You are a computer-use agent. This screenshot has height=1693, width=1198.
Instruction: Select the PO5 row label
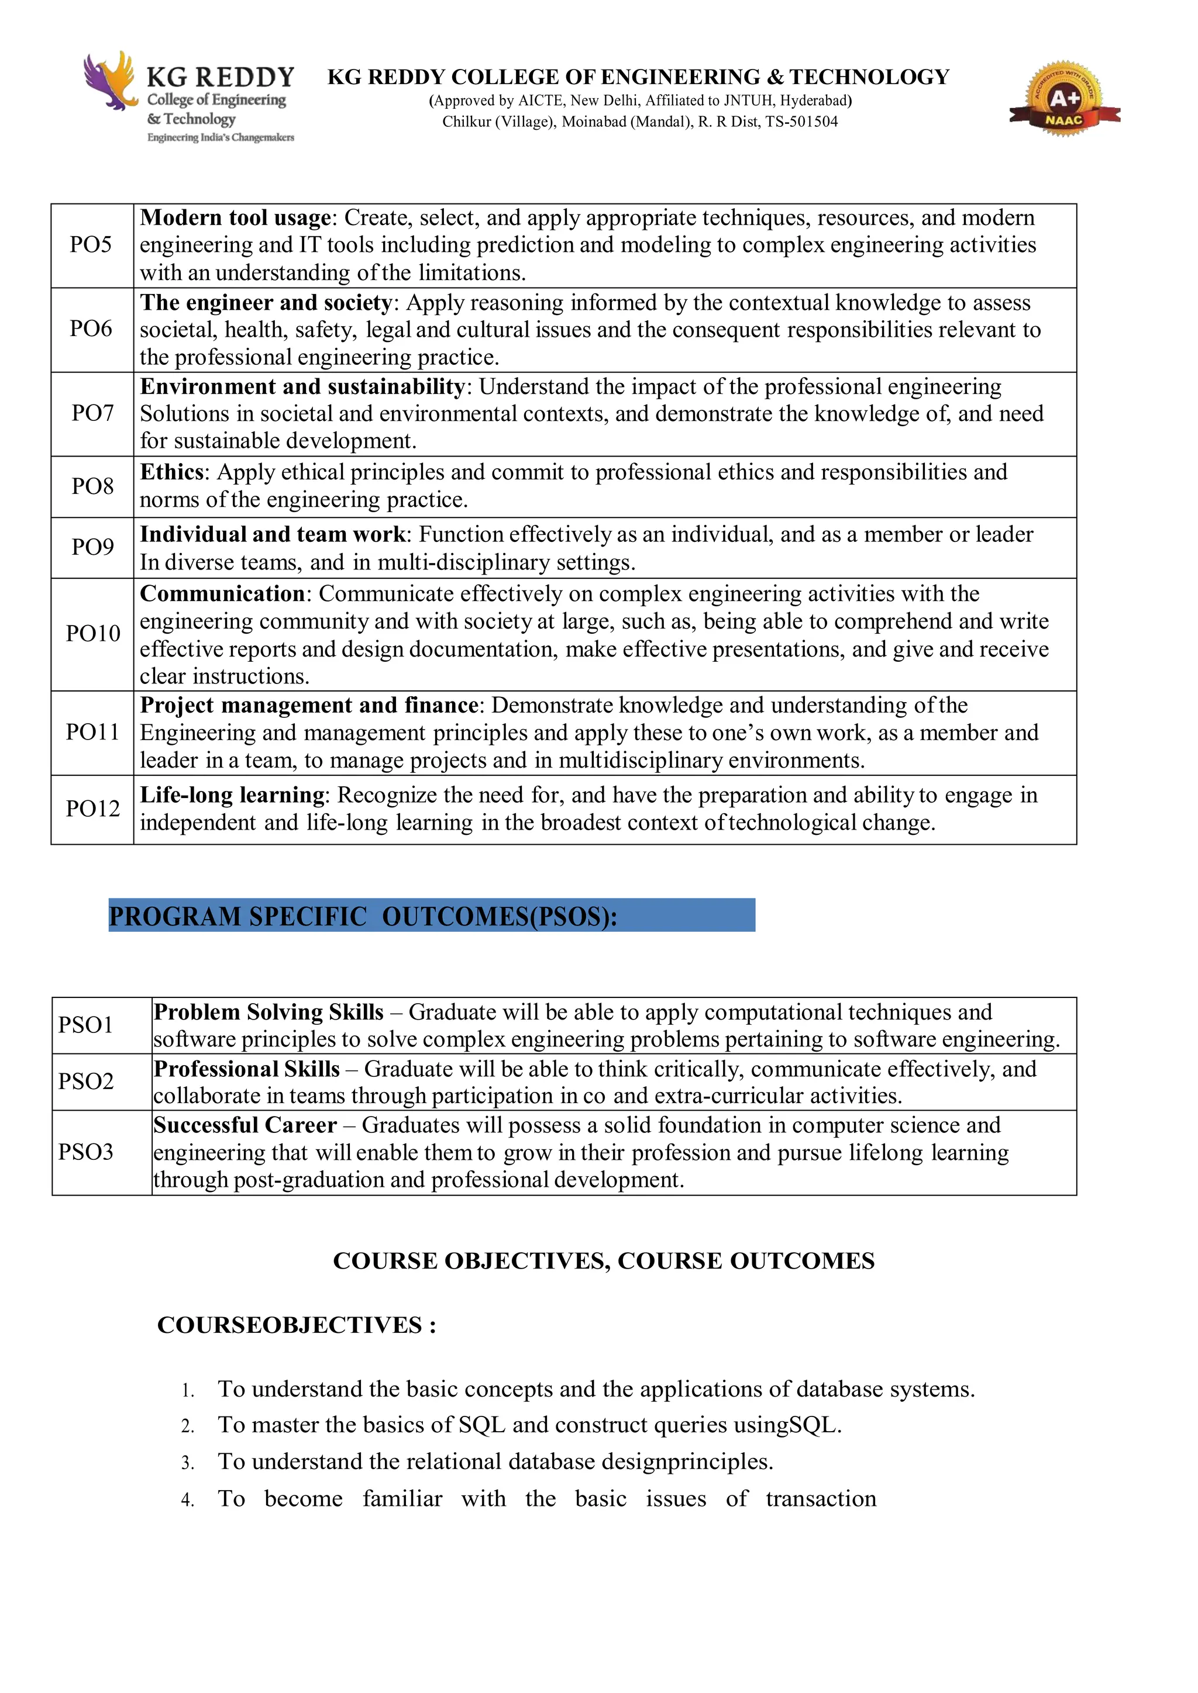pyautogui.click(x=91, y=245)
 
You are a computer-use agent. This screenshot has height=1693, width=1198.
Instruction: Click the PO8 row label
pyautogui.click(x=92, y=486)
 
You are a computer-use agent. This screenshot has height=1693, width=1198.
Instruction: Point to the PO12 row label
pyautogui.click(x=92, y=809)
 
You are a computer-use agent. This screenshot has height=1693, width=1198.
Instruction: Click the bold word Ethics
pyautogui.click(x=172, y=472)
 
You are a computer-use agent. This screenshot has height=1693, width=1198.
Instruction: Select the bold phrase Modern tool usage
pyautogui.click(x=235, y=217)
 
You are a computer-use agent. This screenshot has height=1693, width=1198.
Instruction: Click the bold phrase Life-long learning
pyautogui.click(x=232, y=795)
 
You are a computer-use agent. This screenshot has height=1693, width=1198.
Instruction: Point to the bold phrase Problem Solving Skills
pyautogui.click(x=268, y=1012)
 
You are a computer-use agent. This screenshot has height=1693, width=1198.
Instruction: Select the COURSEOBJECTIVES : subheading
pyautogui.click(x=297, y=1325)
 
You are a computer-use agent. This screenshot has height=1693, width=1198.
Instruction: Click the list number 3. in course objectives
pyautogui.click(x=187, y=1463)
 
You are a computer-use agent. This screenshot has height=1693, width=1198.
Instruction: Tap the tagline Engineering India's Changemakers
pyautogui.click(x=221, y=138)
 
